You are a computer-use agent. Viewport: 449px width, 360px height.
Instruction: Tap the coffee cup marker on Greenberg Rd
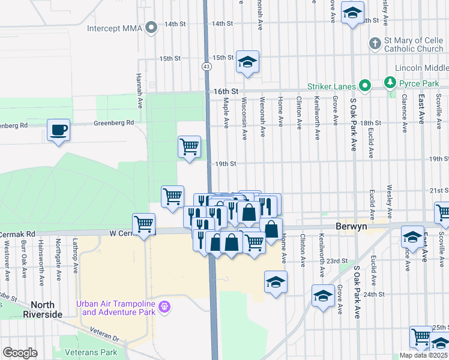pos(58,130)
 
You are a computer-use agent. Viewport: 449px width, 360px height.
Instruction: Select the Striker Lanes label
pos(332,86)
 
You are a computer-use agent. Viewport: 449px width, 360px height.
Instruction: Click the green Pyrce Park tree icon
pos(390,82)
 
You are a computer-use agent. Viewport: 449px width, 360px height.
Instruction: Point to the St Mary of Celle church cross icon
pos(375,44)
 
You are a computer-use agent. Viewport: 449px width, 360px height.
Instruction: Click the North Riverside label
pos(42,310)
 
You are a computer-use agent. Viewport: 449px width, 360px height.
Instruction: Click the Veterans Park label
pos(92,352)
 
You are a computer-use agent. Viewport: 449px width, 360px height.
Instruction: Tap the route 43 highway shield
pos(206,66)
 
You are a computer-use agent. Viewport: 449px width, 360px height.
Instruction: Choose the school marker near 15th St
pos(247,62)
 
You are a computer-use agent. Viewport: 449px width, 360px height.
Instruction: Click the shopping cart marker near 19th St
pos(189,146)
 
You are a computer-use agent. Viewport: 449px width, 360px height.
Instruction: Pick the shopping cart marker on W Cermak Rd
pos(143,225)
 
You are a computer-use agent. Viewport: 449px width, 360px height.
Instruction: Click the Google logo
pos(20,353)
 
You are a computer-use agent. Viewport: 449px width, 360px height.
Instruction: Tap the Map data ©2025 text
pos(423,355)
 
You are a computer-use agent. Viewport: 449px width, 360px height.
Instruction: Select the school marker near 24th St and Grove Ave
pos(323,295)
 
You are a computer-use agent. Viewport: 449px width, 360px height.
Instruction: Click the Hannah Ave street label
pos(139,86)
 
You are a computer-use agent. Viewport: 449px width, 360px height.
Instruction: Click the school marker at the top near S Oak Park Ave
pos(352,12)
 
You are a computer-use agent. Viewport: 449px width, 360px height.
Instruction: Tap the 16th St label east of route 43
pos(226,91)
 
